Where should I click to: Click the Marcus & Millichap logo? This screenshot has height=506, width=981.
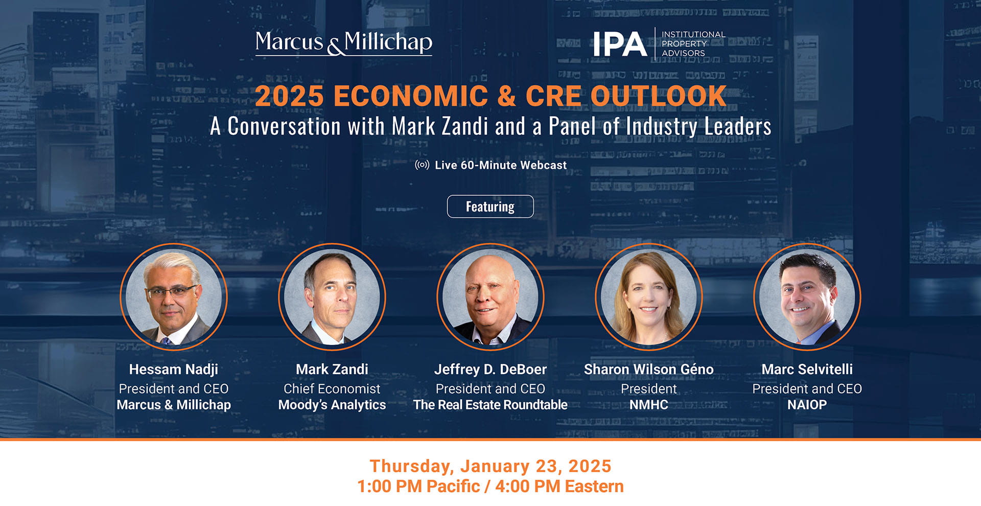[x=343, y=42]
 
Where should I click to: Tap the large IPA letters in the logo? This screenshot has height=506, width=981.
[x=620, y=44]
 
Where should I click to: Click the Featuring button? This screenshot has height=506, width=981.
[x=490, y=206]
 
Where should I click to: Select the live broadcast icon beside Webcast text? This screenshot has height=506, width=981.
[x=422, y=165]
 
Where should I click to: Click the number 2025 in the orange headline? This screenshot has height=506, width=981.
[x=289, y=96]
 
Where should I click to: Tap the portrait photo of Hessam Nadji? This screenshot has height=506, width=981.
[x=174, y=297]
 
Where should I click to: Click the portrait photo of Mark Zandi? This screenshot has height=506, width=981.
[x=332, y=297]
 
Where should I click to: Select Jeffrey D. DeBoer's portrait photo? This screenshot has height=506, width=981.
[x=491, y=297]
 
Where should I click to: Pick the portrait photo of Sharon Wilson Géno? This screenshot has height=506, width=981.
[x=649, y=297]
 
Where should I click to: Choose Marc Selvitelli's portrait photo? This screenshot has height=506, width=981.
[x=807, y=297]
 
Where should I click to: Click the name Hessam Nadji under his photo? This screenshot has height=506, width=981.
[x=174, y=369]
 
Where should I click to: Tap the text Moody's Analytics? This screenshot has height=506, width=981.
[x=332, y=405]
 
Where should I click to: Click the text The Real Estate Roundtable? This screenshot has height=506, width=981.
[x=491, y=405]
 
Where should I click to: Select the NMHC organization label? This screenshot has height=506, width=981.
[x=649, y=405]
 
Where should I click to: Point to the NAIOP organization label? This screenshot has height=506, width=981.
[x=807, y=405]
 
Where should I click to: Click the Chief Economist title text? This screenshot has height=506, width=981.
[x=332, y=389]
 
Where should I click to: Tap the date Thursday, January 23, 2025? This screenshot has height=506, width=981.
[x=491, y=466]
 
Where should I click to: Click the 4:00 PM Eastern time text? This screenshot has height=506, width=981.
[x=559, y=487]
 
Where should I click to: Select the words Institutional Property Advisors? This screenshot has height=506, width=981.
[x=693, y=44]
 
